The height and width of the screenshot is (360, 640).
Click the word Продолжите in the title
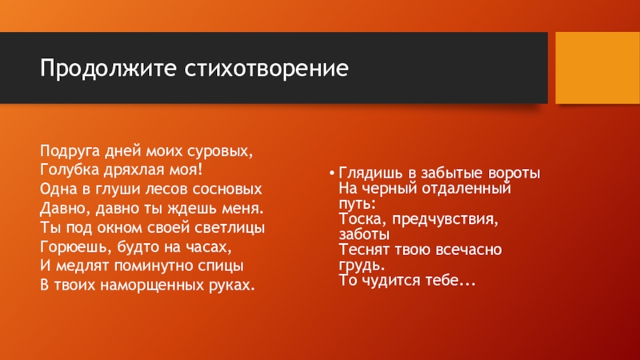(108, 68)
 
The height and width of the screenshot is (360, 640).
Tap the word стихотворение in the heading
(266, 68)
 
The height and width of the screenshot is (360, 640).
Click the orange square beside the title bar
(598, 68)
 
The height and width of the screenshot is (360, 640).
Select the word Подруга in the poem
(70, 151)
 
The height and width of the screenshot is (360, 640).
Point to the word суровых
(220, 152)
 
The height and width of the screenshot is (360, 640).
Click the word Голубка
(69, 170)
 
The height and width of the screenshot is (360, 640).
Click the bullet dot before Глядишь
(332, 173)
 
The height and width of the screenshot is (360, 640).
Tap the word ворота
(514, 173)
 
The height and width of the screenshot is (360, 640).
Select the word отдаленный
(466, 189)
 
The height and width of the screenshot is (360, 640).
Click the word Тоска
(363, 219)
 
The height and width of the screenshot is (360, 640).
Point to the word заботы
(364, 234)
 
